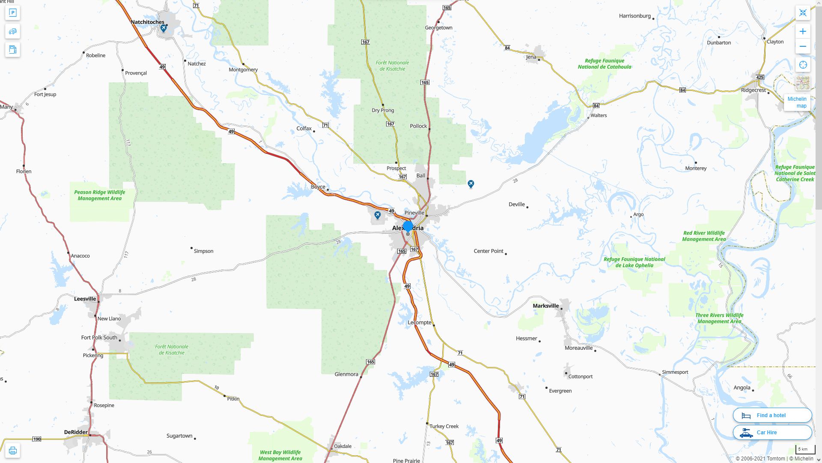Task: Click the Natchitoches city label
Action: coord(147,22)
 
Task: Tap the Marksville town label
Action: coord(545,306)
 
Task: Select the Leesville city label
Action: coord(85,299)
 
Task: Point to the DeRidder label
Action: coord(76,432)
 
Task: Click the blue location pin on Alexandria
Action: coord(408,226)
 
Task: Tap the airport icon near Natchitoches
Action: coord(164,28)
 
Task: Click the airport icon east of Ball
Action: coord(471,184)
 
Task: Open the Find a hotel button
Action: coord(772,415)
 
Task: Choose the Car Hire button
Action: coord(772,432)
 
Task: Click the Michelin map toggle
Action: coord(797,102)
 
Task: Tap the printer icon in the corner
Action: coord(12,451)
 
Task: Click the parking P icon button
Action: coord(12,13)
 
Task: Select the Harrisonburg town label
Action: coord(634,16)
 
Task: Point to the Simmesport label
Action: coord(675,372)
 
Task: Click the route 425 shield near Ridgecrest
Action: coord(760,77)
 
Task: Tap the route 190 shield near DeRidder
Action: coord(37,439)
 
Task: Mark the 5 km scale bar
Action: coord(805,450)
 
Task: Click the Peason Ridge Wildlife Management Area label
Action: coord(99,195)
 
